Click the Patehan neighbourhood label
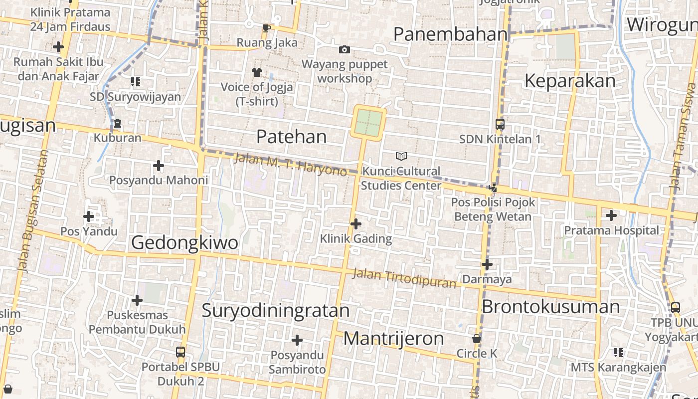[x=291, y=137]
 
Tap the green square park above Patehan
[x=368, y=123]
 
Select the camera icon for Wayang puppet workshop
[x=344, y=49]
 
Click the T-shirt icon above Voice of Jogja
[x=257, y=72]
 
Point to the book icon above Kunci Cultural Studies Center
[x=401, y=157]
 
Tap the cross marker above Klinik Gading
[x=355, y=224]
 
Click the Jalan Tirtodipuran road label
[x=404, y=278]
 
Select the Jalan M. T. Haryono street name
[x=290, y=165]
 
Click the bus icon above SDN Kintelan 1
[x=500, y=124]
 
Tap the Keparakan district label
[x=570, y=81]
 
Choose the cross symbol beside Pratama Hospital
[x=611, y=215]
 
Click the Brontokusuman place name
[x=550, y=306]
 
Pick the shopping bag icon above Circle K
[x=477, y=339]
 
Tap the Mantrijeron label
[x=393, y=339]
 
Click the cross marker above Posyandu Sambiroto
[x=297, y=340]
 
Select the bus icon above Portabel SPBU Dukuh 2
[x=180, y=352]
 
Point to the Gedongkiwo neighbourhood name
[x=184, y=242]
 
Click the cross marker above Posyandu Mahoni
[x=159, y=165]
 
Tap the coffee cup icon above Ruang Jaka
[x=266, y=28]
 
